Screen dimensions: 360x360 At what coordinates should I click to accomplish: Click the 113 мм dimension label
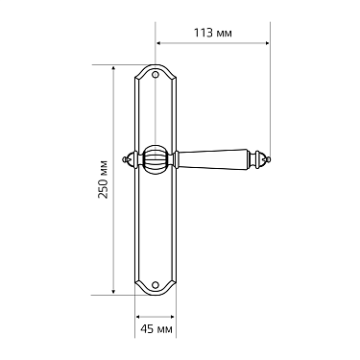(213, 33)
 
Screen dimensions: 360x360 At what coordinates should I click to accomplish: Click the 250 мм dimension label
(103, 180)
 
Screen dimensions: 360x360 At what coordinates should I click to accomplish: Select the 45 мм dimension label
(156, 328)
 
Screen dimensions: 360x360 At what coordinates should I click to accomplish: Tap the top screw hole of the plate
(156, 75)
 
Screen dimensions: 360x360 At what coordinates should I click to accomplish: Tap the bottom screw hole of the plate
(156, 284)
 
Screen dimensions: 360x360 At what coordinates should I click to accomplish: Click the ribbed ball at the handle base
(156, 159)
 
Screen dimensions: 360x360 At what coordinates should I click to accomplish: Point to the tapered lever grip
(212, 158)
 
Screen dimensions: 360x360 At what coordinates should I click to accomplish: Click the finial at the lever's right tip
(260, 158)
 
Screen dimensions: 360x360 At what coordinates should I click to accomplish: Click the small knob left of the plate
(130, 158)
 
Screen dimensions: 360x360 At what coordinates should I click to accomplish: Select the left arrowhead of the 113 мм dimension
(158, 43)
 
